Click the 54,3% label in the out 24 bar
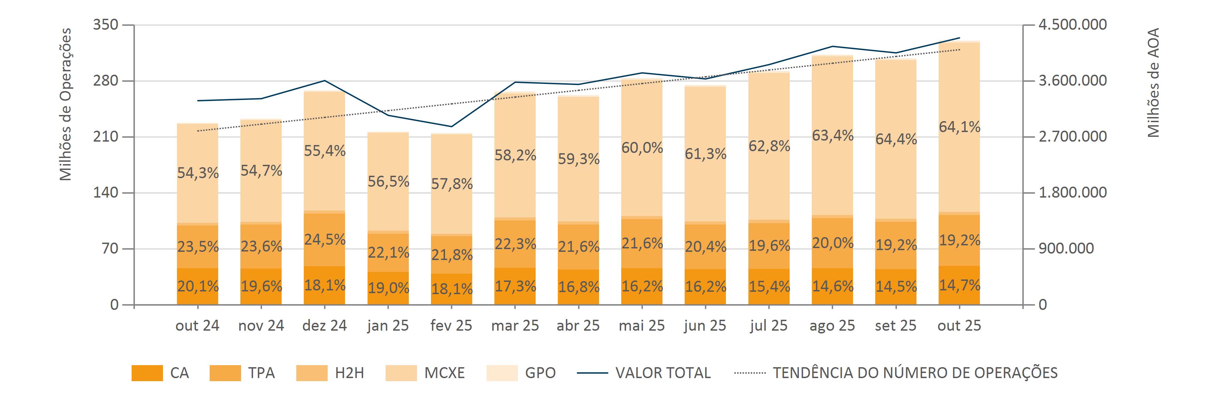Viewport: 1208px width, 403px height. point(198,173)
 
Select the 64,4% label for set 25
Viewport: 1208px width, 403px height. point(896,139)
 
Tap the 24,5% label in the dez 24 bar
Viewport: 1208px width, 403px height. point(325,240)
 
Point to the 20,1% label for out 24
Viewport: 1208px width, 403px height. point(198,286)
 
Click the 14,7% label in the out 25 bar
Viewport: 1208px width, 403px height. point(959,285)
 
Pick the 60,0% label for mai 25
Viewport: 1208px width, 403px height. point(642,148)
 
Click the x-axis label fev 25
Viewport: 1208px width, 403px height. point(451,326)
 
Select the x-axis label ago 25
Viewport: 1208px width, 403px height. point(832,326)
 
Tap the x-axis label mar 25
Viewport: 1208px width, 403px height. point(515,326)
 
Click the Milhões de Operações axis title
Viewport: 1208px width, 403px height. point(66,104)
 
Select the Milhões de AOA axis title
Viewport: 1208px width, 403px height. point(1153,83)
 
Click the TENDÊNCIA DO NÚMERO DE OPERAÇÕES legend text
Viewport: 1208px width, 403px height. point(915,373)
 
